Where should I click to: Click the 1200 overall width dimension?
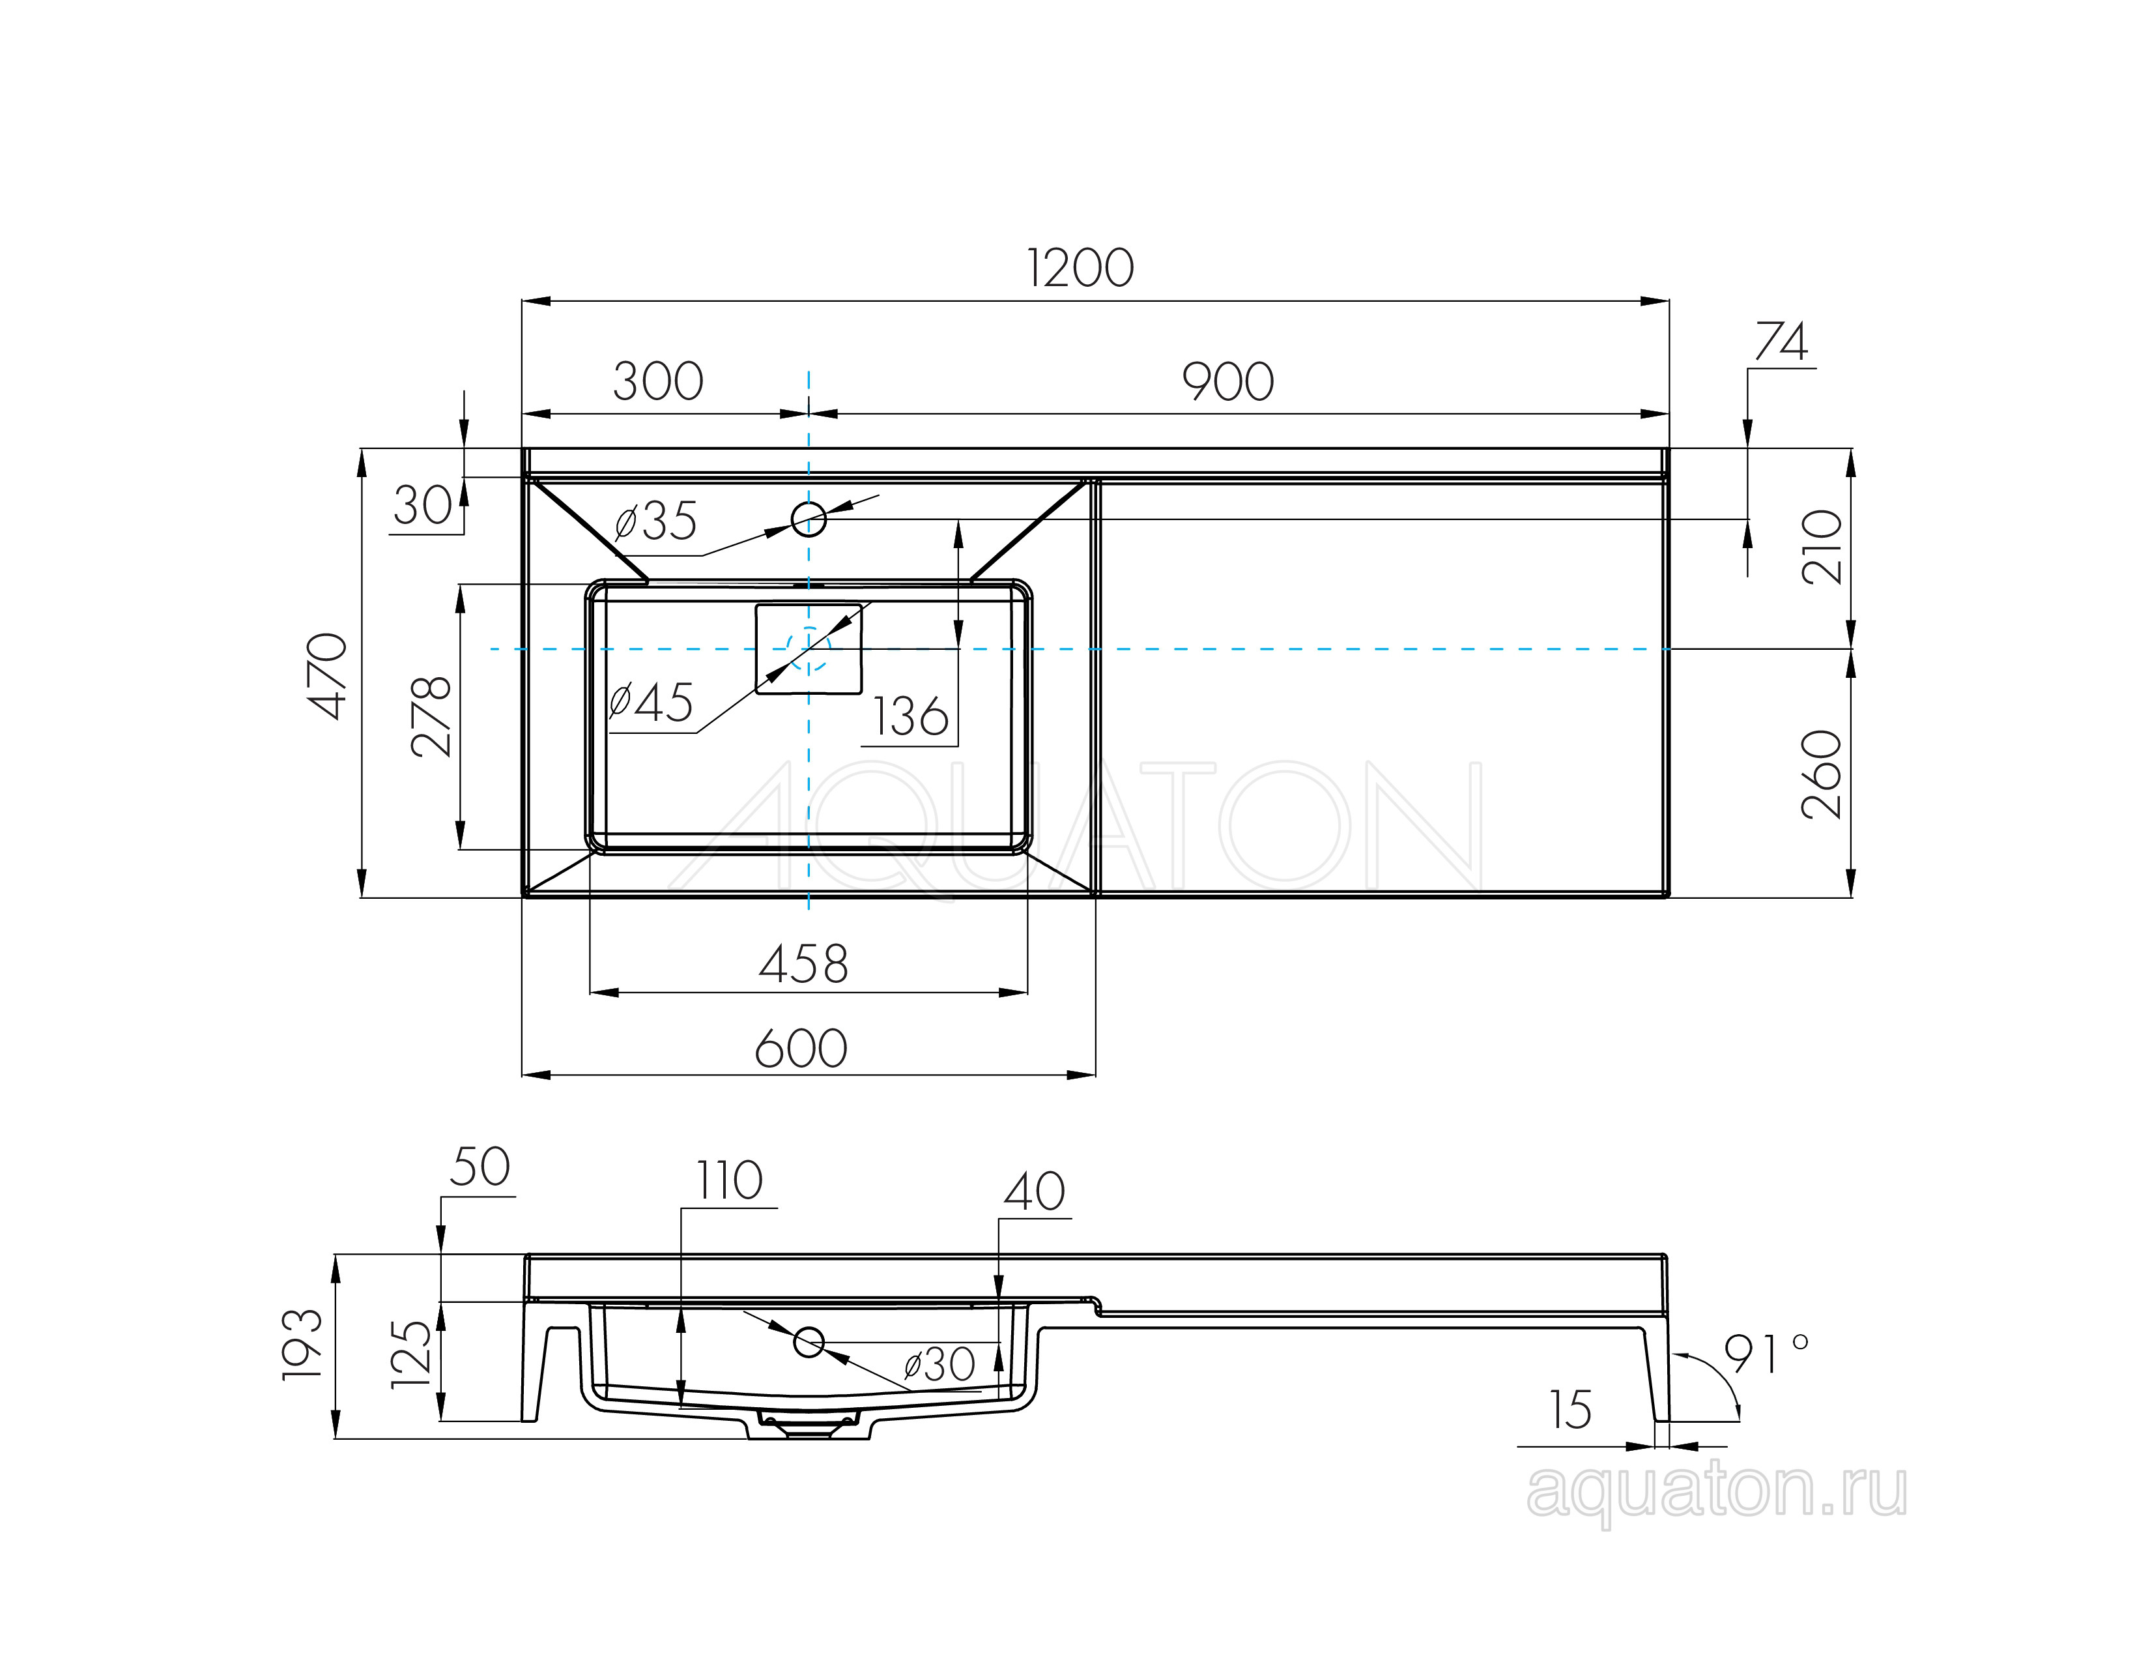[x=1080, y=268]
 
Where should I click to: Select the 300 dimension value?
[x=657, y=381]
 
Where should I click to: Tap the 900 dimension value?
[x=1227, y=381]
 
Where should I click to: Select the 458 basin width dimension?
[x=803, y=964]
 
